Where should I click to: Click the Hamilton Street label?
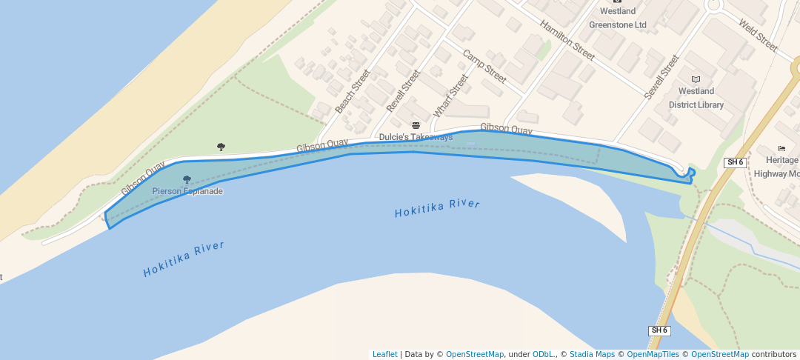(567, 40)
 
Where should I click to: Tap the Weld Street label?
(758, 35)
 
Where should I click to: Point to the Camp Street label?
(484, 67)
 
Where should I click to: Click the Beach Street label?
(352, 92)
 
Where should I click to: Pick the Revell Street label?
(404, 91)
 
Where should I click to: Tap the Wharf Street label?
(451, 96)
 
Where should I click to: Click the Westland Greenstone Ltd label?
(618, 18)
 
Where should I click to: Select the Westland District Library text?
(696, 98)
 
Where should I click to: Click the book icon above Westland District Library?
(696, 79)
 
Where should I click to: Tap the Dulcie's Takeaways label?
(416, 137)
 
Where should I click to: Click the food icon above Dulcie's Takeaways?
(416, 125)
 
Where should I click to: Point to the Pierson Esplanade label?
(187, 191)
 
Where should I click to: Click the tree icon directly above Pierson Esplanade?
(187, 179)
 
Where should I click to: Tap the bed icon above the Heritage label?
(782, 148)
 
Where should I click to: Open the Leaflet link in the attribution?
(384, 354)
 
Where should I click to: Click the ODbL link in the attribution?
(544, 354)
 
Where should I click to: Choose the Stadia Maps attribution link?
(592, 354)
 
